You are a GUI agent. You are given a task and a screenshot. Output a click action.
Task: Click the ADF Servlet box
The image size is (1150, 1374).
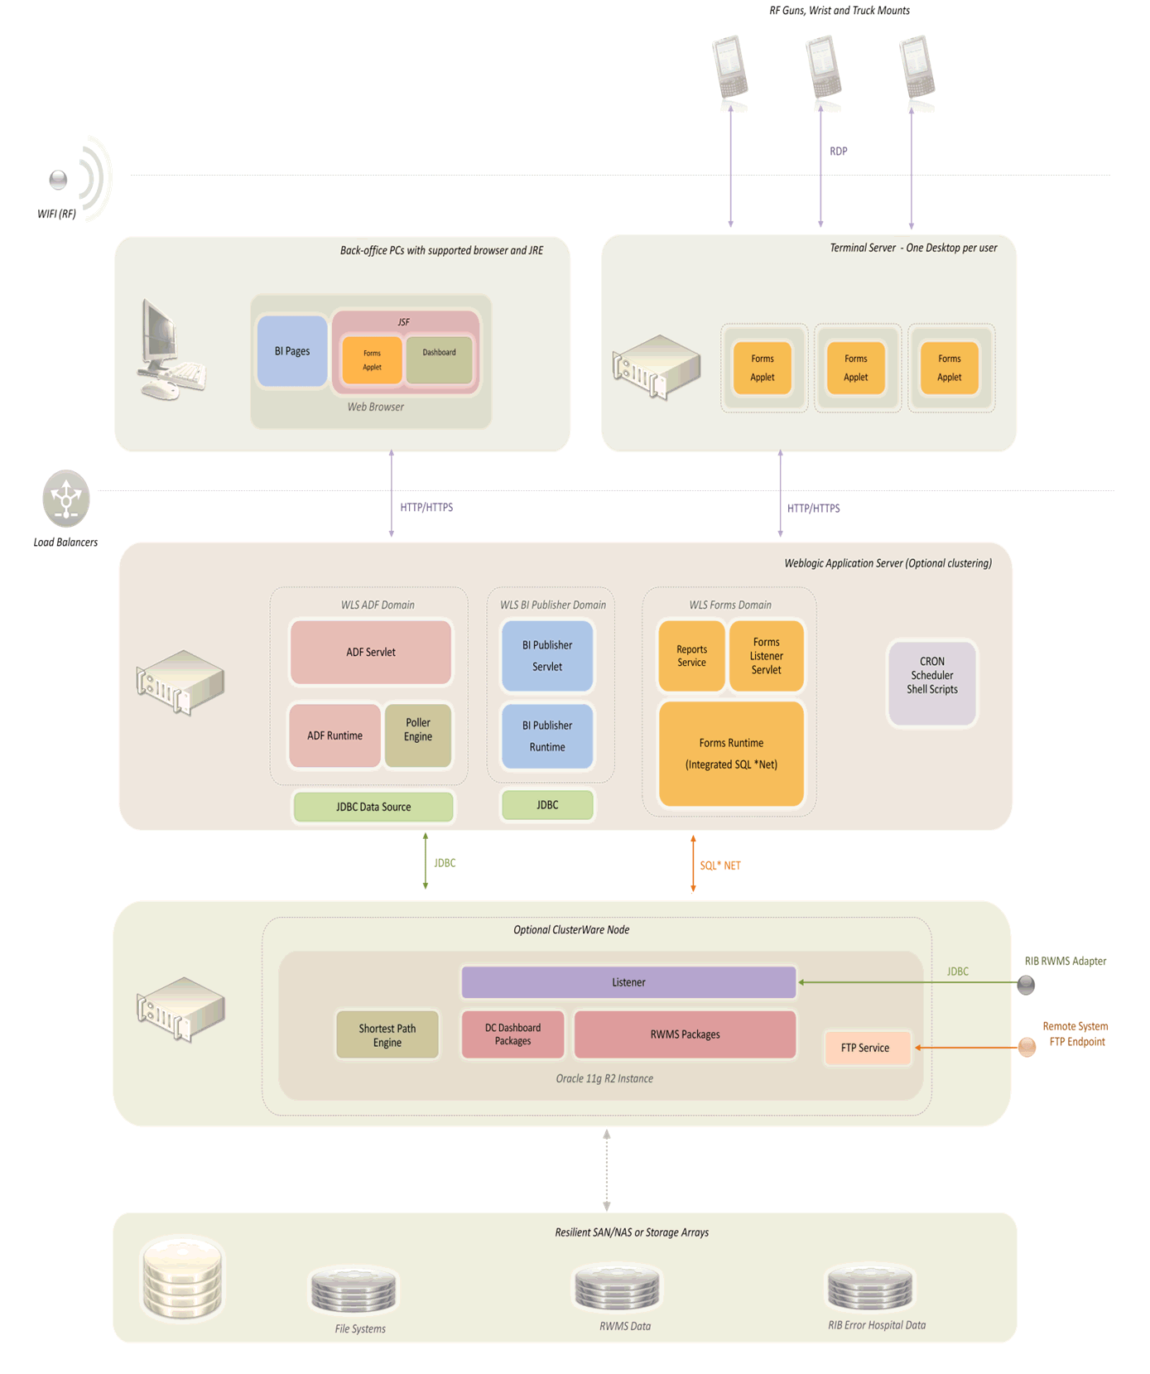click(x=370, y=652)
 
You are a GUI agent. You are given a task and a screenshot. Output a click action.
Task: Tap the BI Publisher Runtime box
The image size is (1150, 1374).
click(x=546, y=735)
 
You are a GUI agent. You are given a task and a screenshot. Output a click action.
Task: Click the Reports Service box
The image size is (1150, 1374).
click(x=691, y=656)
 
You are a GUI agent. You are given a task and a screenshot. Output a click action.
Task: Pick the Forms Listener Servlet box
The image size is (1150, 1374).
click(x=766, y=656)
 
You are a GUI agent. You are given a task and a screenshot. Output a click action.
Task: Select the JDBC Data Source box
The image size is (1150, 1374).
click(x=373, y=807)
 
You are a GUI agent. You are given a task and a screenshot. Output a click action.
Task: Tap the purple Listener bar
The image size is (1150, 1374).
click(x=628, y=982)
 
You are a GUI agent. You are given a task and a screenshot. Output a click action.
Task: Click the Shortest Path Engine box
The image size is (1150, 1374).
click(x=387, y=1034)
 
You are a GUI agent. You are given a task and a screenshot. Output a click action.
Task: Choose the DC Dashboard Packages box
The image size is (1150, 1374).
click(x=512, y=1034)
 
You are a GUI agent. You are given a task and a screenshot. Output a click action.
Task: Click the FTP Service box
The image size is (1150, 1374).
click(x=866, y=1048)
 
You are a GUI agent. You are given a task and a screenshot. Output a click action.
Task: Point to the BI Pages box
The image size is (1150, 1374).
click(x=292, y=351)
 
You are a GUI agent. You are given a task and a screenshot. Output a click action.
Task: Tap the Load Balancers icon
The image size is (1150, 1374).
click(x=66, y=499)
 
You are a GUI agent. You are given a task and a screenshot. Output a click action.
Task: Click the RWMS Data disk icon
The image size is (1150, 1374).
click(x=617, y=1289)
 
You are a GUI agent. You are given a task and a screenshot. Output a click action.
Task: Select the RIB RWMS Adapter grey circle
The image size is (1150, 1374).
click(x=1026, y=985)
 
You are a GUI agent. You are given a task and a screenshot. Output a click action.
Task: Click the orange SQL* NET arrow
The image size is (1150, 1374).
click(x=693, y=864)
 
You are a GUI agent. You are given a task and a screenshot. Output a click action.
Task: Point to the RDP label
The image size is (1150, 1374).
click(x=838, y=152)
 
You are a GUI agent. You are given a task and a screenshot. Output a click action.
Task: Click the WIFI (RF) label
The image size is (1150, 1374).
click(x=56, y=214)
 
